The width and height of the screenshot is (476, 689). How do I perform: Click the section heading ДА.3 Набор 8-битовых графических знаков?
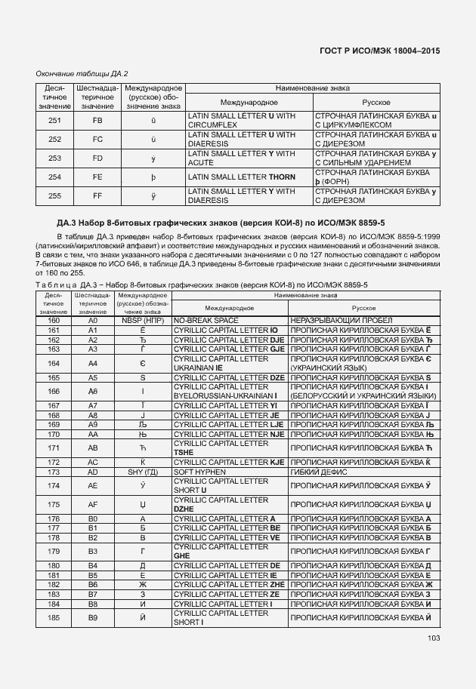click(x=221, y=223)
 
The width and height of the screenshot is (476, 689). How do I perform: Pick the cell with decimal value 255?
click(x=54, y=196)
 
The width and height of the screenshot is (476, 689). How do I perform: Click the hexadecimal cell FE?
click(x=97, y=177)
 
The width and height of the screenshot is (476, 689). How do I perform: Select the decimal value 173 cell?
click(x=54, y=472)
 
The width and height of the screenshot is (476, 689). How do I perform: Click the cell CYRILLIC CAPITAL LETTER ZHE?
click(x=229, y=585)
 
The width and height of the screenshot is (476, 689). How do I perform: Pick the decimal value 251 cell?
click(x=54, y=120)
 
